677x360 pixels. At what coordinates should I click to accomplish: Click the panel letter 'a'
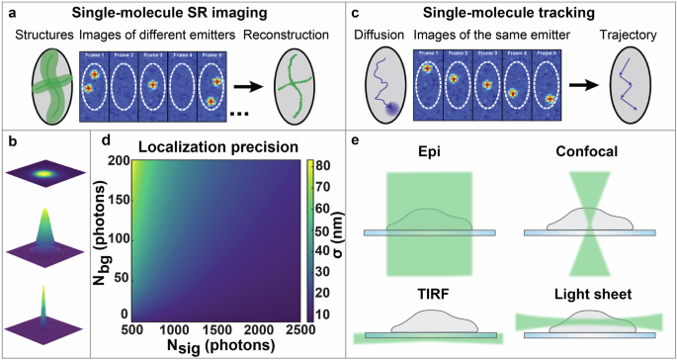[x=10, y=11]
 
